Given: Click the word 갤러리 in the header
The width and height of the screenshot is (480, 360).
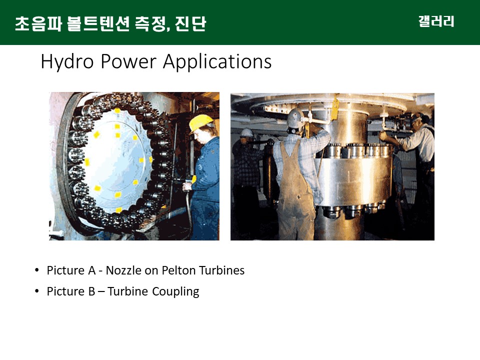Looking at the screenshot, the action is pos(436,21).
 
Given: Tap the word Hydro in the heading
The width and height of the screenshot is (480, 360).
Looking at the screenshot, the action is pos(67,62).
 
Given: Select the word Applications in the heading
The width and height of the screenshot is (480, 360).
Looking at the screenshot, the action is pos(217,62).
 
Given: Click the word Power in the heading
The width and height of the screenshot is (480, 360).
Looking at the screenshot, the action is pos(128,61).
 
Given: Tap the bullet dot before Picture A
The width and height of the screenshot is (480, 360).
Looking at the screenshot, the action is pos(37,270).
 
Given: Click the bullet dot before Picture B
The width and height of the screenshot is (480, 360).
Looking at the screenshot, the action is pos(37,291).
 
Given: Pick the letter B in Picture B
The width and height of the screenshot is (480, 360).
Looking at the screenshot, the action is pos(92,291).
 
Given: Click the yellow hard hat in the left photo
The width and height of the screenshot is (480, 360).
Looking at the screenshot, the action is pos(200,123).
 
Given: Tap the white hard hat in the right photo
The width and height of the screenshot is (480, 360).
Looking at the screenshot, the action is pos(246,133).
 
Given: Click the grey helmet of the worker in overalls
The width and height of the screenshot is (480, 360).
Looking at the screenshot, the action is pos(295,118).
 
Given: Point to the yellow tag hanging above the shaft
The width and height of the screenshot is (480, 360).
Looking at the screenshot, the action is pos(335,108).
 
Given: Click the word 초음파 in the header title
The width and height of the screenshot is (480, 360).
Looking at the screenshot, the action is pos(38,24).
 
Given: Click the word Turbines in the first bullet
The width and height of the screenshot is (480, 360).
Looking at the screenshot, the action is pos(221,270).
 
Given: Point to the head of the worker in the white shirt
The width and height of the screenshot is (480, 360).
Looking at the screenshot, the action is pos(419,120).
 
